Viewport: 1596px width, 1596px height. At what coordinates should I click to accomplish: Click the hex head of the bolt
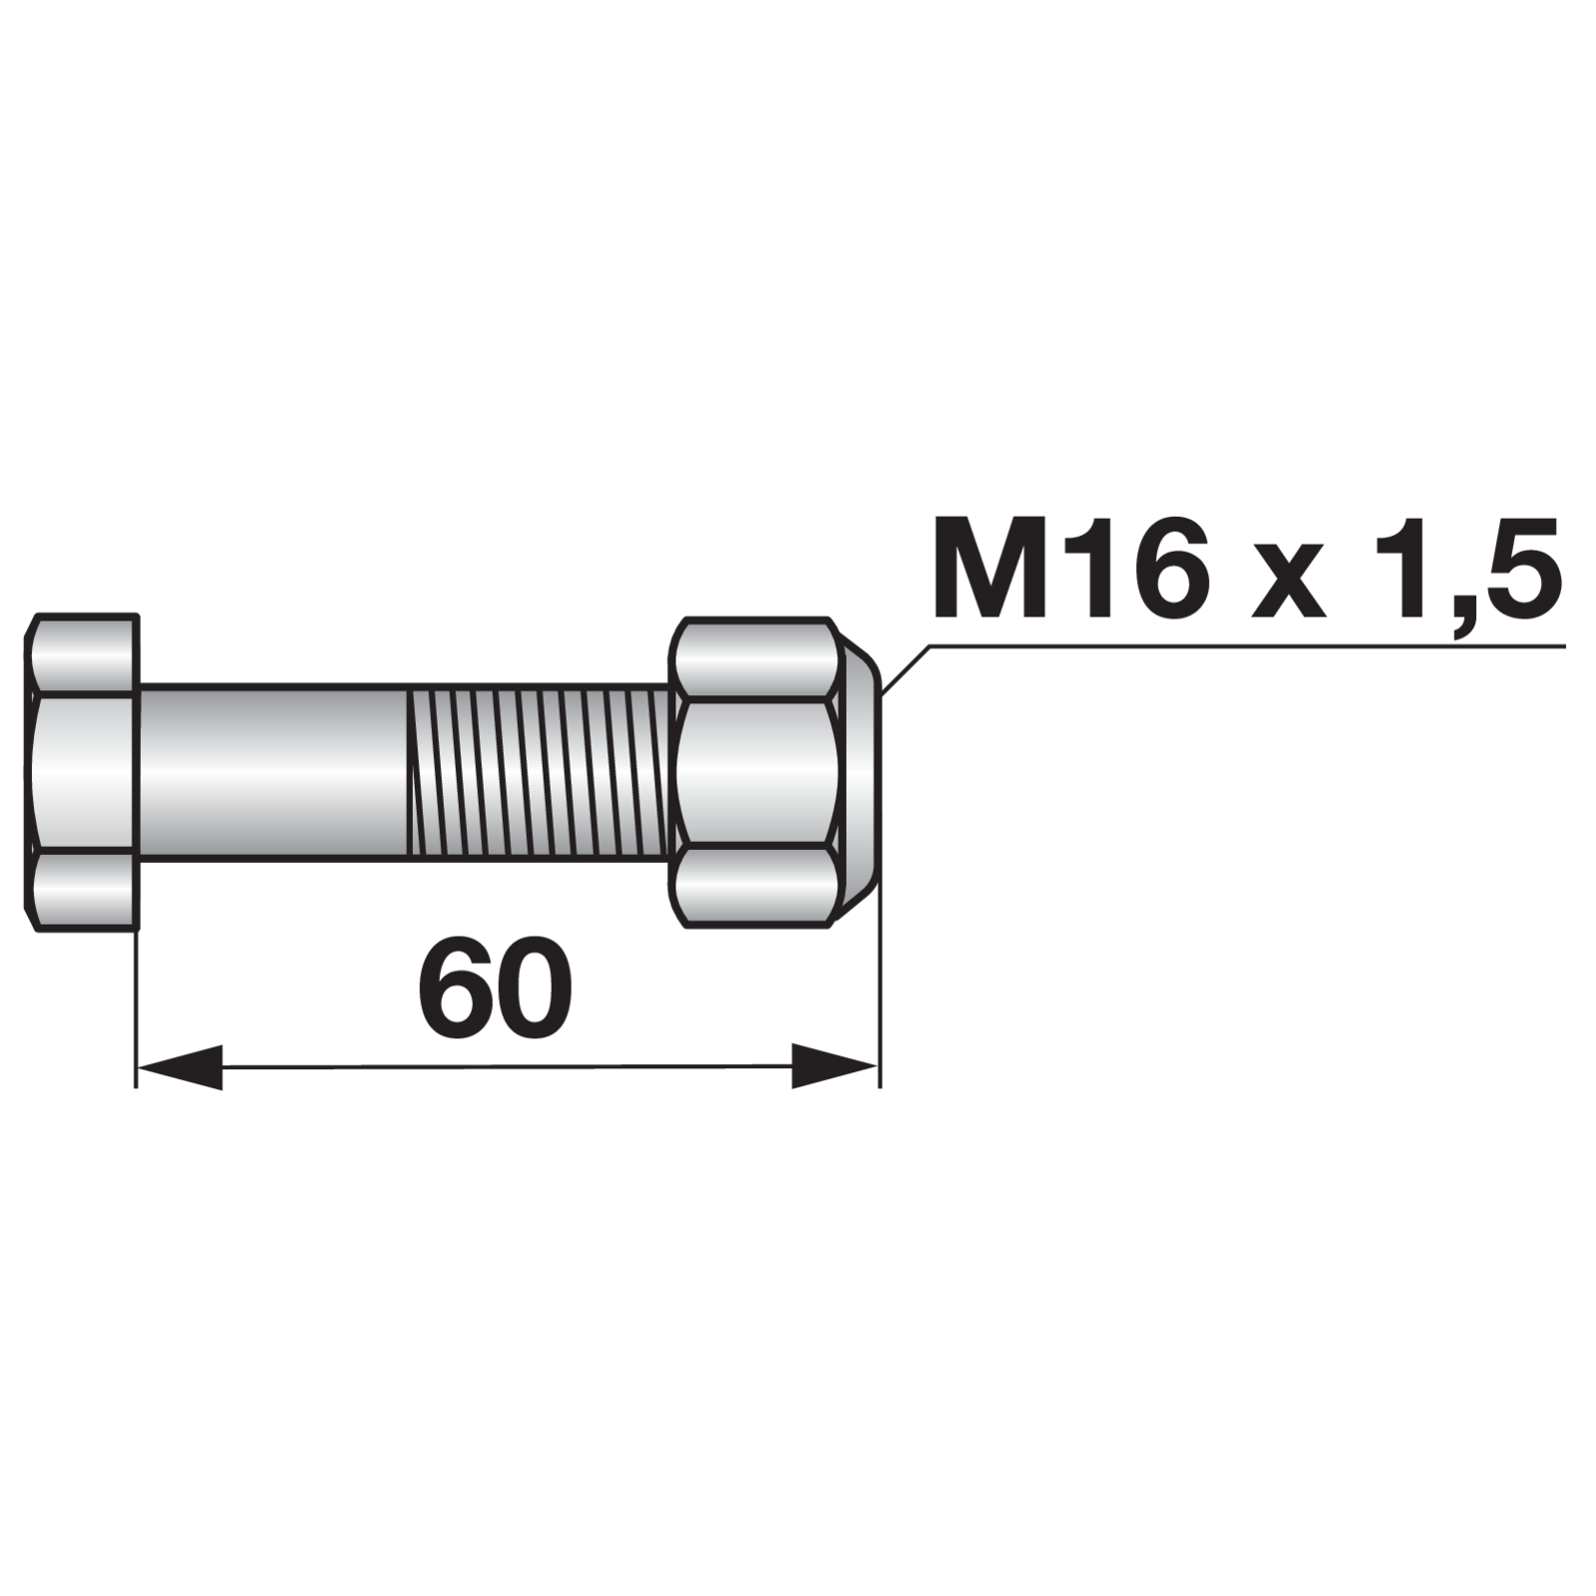(x=82, y=773)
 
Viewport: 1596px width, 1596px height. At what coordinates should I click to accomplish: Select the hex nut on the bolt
(x=756, y=773)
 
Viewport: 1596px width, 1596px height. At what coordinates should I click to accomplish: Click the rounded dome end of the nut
(x=864, y=773)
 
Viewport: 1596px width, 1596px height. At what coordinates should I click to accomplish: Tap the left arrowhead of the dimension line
(x=180, y=1066)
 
